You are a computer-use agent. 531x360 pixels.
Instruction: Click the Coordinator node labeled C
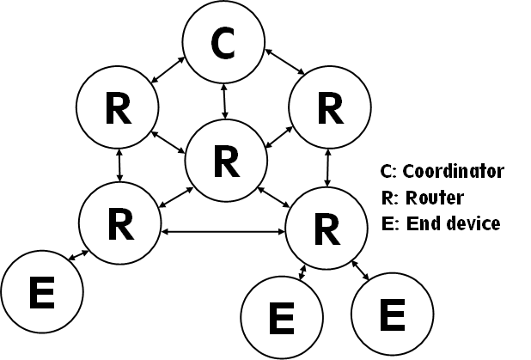coord(223,45)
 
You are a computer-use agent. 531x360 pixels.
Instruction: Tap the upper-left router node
coord(117,108)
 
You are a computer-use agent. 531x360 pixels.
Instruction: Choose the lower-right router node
coord(325,228)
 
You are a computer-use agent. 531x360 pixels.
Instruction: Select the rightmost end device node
coord(392,314)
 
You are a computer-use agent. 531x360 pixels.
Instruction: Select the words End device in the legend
coord(453,224)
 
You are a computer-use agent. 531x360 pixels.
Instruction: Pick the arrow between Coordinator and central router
coord(224,101)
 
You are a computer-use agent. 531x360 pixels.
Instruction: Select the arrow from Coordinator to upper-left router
coord(168,70)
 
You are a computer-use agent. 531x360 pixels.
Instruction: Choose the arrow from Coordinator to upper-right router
coord(281,65)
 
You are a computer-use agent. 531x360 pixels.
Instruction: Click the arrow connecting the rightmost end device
coord(362,271)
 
